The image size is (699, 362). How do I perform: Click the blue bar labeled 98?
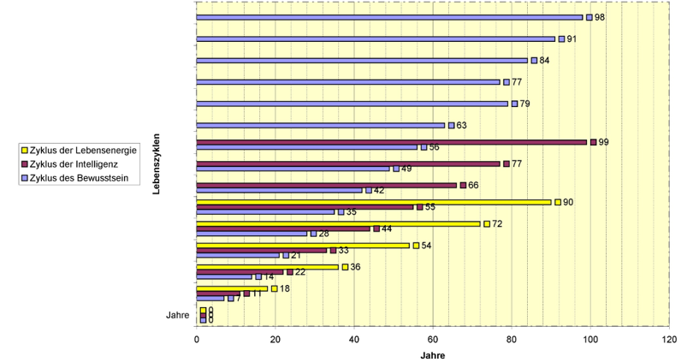coord(389,17)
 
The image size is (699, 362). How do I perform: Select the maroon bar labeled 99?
coord(392,142)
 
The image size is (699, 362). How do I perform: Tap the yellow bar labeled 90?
coord(374,202)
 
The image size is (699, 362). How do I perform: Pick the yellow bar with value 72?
coord(338,223)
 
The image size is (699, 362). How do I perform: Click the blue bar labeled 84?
coord(362,61)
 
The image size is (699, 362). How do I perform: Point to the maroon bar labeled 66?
coord(326,185)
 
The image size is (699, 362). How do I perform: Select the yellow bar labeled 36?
coord(268,267)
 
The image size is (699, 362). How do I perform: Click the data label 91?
coord(572,39)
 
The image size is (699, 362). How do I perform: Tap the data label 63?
coord(461,126)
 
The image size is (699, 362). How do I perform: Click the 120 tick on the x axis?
coord(668,340)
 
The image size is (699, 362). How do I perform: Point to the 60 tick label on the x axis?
coord(433,340)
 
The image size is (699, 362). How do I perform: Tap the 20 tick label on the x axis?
coord(275,340)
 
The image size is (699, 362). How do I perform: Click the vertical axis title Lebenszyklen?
coord(159,162)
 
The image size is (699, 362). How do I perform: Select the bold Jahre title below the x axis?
coord(432,355)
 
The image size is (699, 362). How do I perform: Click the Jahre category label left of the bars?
coord(177,315)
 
